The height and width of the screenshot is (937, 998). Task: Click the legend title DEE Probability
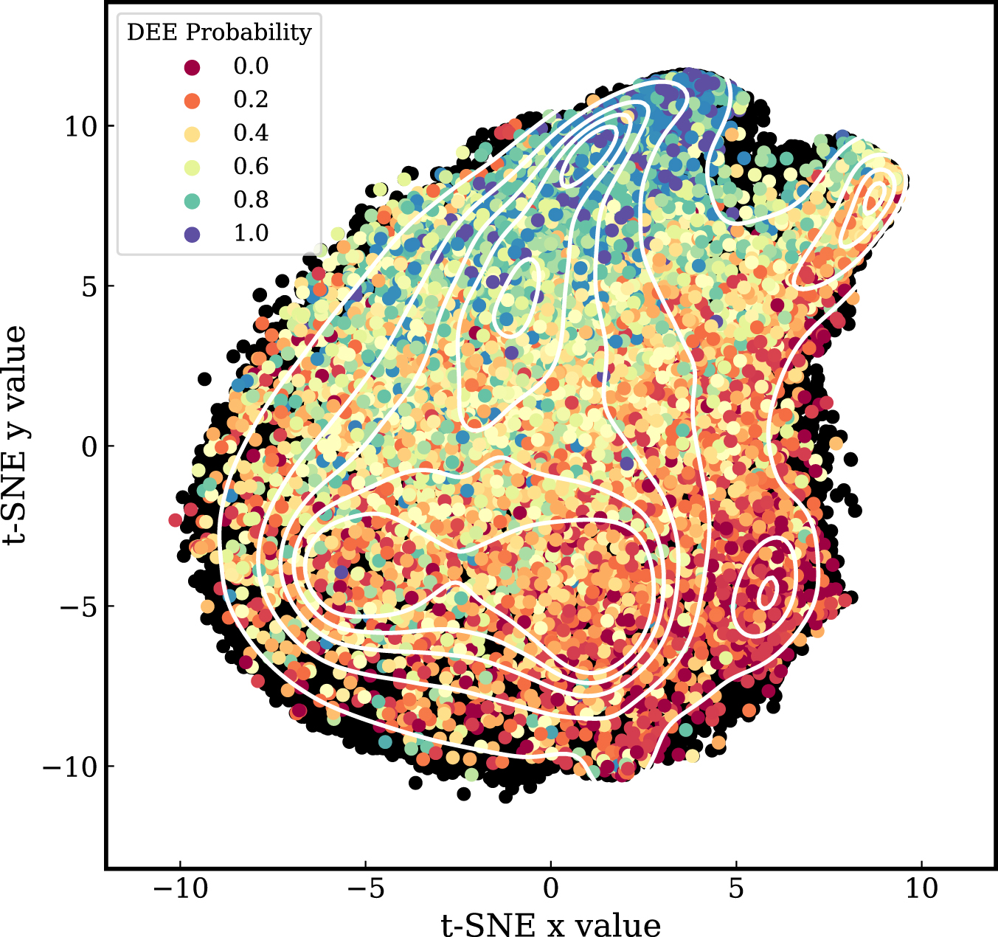coord(219,32)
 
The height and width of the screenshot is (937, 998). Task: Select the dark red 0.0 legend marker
coord(192,67)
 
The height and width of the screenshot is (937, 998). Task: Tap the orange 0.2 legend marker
coord(192,100)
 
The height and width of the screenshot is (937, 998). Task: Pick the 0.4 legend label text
coord(251,134)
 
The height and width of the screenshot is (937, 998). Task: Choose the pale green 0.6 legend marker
coord(192,167)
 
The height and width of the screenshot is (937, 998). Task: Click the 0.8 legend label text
coord(251,200)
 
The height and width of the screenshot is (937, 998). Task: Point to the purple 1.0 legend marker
coord(192,234)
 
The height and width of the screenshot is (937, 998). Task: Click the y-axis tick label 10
coord(80,126)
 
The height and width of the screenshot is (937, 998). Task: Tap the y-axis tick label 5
coord(89,286)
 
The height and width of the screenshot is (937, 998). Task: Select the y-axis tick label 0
coord(89,446)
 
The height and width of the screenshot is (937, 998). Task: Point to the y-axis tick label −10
coord(70,767)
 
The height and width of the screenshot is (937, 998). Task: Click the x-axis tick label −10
coord(180,888)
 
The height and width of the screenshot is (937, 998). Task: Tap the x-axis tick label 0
coord(551,888)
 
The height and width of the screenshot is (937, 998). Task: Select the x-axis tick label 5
coord(736,888)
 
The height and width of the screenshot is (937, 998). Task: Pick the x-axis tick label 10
coord(921,888)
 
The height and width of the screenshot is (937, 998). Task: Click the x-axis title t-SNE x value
coord(551,924)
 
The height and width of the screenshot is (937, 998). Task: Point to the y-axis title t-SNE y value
coord(16,435)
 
